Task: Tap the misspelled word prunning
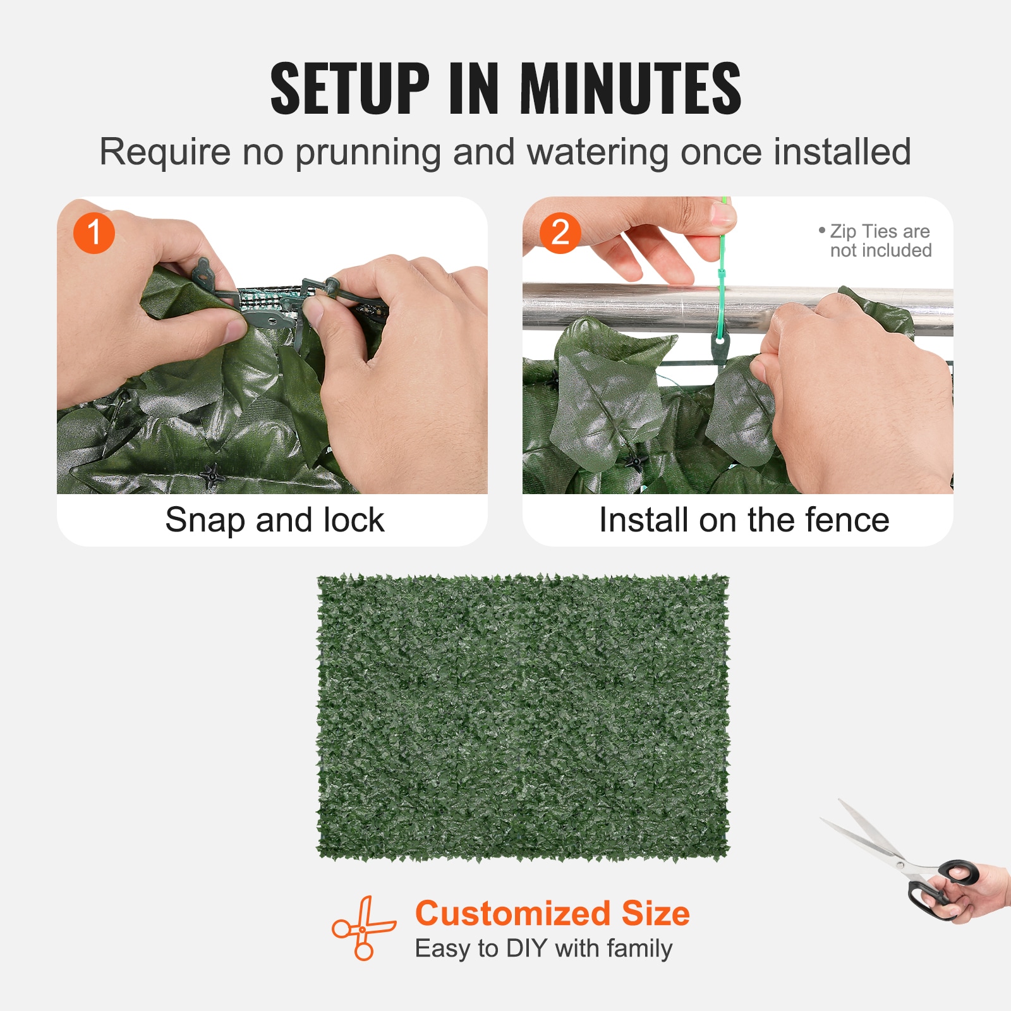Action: pyautogui.click(x=368, y=153)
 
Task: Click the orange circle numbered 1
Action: pyautogui.click(x=94, y=233)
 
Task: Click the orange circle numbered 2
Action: pyautogui.click(x=560, y=233)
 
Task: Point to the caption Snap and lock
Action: pyautogui.click(x=274, y=520)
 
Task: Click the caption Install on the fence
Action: pyautogui.click(x=744, y=520)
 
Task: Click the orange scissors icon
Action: pyautogui.click(x=363, y=928)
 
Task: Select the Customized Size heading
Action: pyautogui.click(x=552, y=913)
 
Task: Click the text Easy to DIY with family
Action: pyautogui.click(x=543, y=948)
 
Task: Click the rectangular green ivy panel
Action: pyautogui.click(x=523, y=717)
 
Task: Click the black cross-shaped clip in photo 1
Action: pyautogui.click(x=213, y=475)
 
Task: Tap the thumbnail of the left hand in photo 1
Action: pyautogui.click(x=236, y=329)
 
